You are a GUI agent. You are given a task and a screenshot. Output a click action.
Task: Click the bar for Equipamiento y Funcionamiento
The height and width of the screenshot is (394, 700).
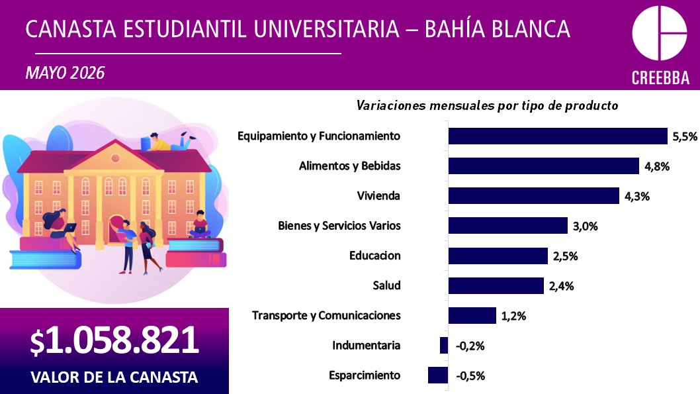[558, 136]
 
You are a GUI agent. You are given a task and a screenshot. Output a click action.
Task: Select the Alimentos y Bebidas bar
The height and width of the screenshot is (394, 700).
[544, 166]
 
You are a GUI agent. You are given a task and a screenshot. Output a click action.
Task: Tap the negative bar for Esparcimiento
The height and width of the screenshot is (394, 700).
[438, 375]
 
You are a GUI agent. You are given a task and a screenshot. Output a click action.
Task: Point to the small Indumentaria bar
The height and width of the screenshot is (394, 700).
[444, 345]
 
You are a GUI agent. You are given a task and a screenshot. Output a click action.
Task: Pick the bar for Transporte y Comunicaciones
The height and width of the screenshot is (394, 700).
[472, 315]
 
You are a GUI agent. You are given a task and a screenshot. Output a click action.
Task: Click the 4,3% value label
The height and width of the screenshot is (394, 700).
[637, 196]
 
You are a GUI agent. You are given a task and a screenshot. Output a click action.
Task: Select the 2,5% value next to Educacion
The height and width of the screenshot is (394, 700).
[566, 256]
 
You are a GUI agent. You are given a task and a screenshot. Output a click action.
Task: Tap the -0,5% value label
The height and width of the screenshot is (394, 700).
[470, 375]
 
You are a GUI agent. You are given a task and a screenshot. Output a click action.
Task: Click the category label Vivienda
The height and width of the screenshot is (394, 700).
[378, 195]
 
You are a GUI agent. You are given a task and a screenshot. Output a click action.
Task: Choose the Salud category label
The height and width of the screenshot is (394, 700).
[386, 285]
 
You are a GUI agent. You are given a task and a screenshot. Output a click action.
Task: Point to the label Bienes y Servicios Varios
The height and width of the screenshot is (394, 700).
[339, 226]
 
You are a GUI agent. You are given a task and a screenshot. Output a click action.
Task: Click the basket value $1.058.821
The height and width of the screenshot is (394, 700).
[114, 340]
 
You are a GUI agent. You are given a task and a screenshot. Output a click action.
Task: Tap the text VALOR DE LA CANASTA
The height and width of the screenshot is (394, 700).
[114, 377]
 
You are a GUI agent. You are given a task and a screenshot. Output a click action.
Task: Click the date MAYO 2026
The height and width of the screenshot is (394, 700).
[66, 73]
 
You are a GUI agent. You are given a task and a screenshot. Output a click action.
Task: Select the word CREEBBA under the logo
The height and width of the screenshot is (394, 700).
[660, 77]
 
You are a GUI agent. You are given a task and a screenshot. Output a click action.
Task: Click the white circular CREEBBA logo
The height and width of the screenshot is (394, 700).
[660, 33]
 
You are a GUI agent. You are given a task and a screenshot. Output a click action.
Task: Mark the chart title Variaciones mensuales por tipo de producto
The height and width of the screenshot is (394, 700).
[487, 106]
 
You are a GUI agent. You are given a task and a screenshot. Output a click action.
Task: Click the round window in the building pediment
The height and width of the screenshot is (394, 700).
[116, 158]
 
